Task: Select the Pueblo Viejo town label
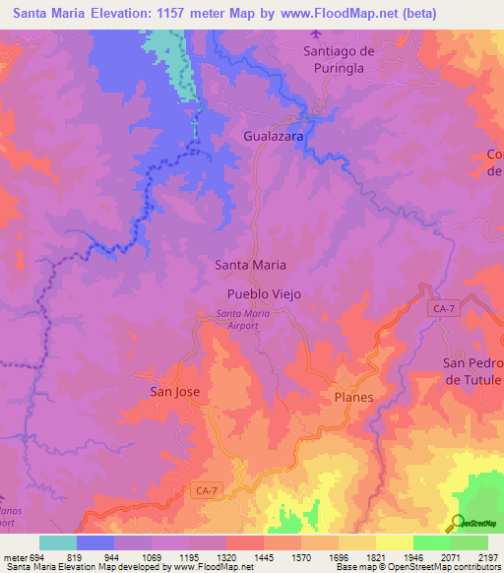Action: click(x=263, y=294)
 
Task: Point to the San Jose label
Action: click(x=174, y=391)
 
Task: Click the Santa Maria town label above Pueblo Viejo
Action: click(x=250, y=265)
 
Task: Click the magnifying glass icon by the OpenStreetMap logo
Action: click(x=455, y=524)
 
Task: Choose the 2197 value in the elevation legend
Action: click(x=488, y=556)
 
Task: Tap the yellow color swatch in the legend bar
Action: click(x=394, y=542)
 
